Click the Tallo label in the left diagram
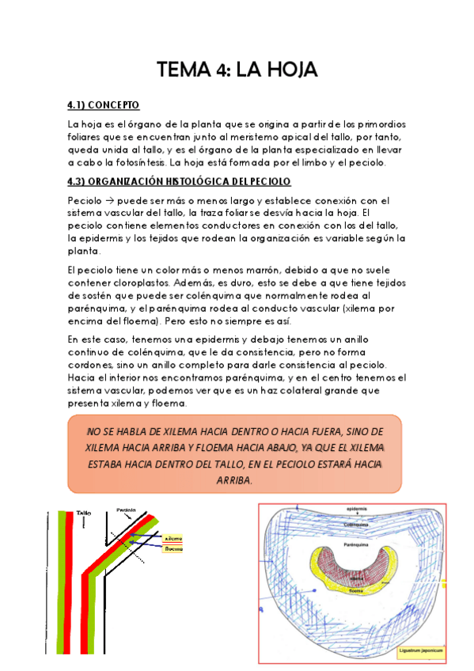pyautogui.click(x=84, y=514)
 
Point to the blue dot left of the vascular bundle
pyautogui.click(x=314, y=590)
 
